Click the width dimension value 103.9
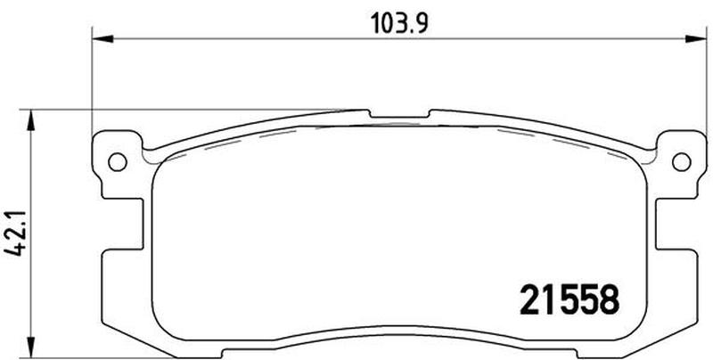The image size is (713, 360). (x=399, y=23)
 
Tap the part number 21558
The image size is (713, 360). (x=570, y=299)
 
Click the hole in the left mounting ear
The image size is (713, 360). (x=118, y=162)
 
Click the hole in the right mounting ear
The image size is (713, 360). (x=681, y=162)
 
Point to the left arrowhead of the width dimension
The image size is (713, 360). (x=102, y=38)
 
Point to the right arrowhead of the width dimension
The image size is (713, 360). (x=696, y=38)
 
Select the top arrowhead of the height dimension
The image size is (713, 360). (x=31, y=119)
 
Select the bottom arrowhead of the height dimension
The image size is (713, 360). (x=31, y=348)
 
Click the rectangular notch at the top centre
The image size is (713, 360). (x=399, y=114)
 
